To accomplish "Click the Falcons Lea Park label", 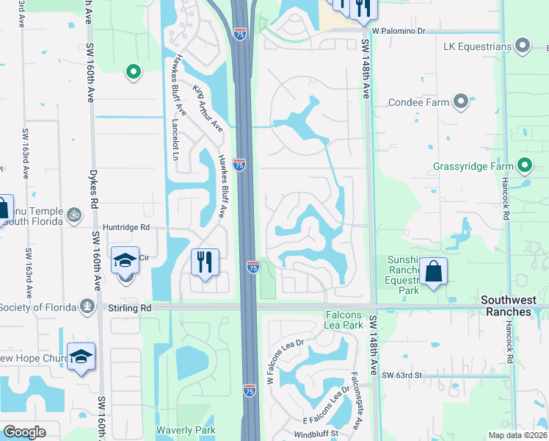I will [x=344, y=320].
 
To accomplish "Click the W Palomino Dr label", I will [x=399, y=31].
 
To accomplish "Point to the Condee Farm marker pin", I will [x=461, y=101].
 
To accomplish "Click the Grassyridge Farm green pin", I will [x=525, y=165].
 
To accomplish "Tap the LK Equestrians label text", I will [x=477, y=46].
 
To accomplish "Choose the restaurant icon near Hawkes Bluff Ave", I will [x=204, y=262].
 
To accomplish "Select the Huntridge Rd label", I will [x=126, y=228].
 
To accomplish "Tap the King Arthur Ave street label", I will [x=208, y=107].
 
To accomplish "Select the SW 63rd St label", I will [x=402, y=375].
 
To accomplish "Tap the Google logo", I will [x=24, y=432].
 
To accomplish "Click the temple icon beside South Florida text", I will [x=73, y=215].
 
